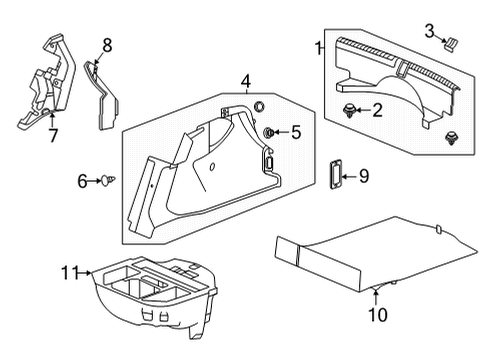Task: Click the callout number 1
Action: coord(319,47)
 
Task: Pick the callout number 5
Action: coord(296,132)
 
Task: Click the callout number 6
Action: coord(83,180)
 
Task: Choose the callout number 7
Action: coord(52,135)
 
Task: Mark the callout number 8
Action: coord(106,45)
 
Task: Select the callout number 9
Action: coord(363,177)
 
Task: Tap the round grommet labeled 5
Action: coord(270,133)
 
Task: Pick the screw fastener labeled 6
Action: coord(106,181)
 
